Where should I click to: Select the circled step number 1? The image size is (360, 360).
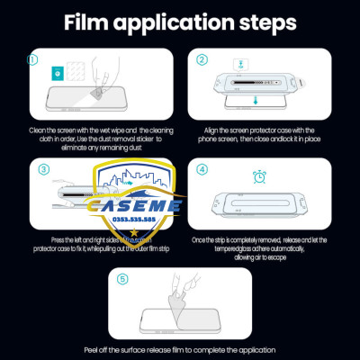click(34, 61)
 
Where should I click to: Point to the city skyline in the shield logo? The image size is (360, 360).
click(149, 180)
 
